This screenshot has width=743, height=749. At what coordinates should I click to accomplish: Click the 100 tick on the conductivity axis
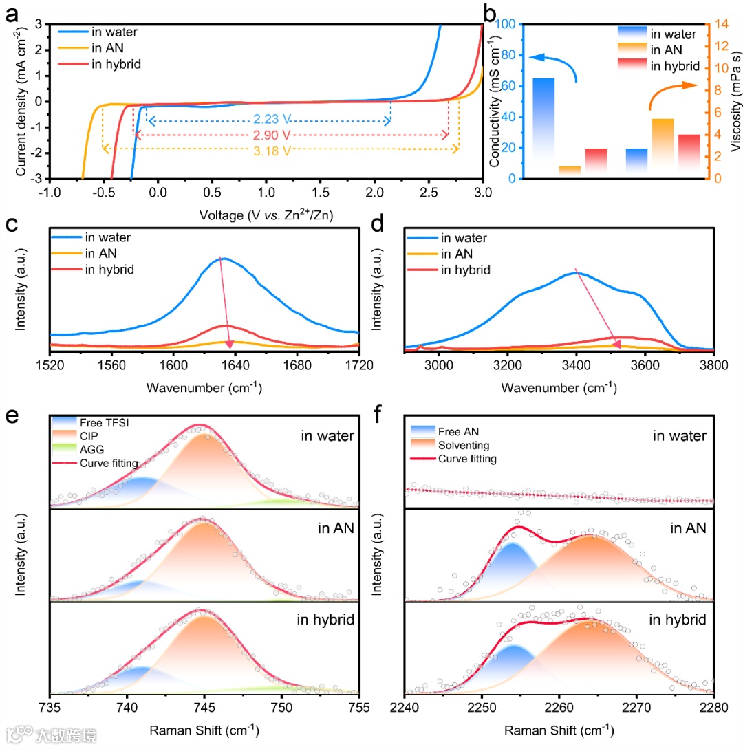507,24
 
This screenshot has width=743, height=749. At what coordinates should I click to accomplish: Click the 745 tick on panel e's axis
204,709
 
